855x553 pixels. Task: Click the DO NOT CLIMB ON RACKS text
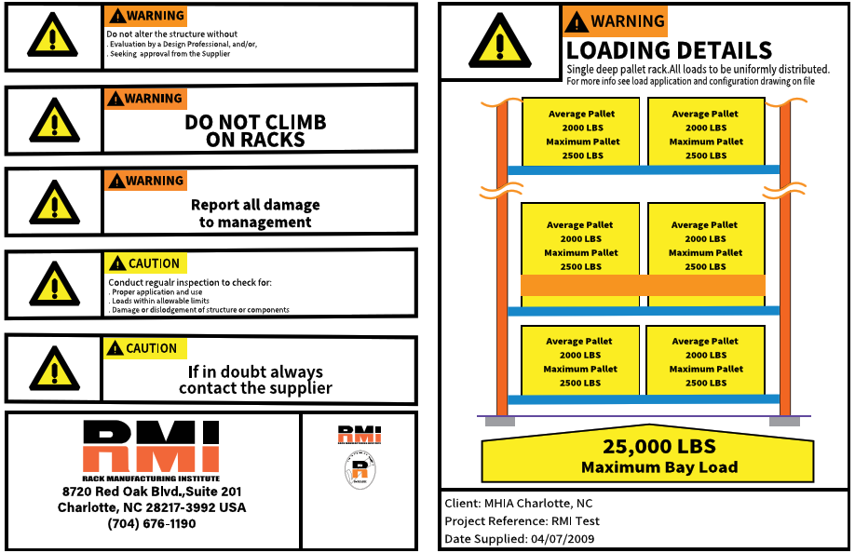255,131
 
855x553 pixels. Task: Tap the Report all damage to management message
255,213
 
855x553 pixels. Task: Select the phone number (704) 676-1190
152,524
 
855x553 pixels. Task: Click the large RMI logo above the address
151,447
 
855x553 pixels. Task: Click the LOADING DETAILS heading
669,50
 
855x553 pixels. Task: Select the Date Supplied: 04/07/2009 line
520,538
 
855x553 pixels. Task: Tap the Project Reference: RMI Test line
522,521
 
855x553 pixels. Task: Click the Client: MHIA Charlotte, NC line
518,503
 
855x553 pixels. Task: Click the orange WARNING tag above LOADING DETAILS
615,21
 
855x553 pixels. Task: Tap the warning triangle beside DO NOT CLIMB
53,120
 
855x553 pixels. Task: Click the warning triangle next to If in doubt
53,370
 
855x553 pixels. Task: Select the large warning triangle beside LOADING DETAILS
499,43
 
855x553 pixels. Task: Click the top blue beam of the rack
643,169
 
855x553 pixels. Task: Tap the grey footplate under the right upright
784,421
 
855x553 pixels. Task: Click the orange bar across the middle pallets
643,285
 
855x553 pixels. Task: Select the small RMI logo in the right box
359,435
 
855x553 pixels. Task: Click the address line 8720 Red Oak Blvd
152,492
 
